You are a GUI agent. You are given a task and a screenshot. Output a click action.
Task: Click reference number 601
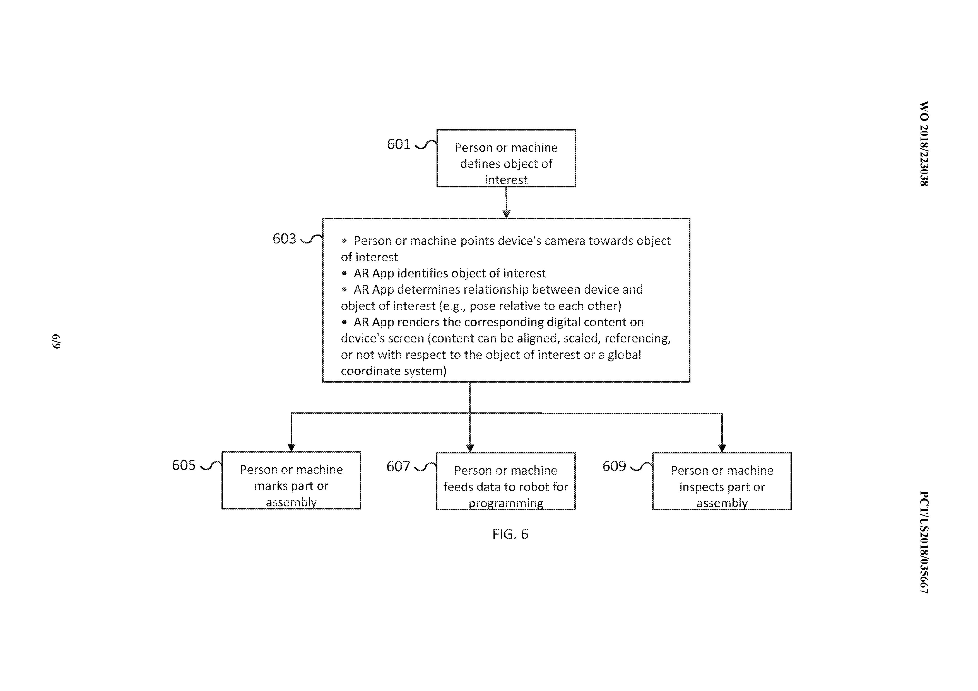click(x=398, y=144)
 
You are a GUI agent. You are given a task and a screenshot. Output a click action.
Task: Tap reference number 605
click(x=184, y=465)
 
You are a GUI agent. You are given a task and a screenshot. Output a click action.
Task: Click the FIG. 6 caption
click(x=510, y=534)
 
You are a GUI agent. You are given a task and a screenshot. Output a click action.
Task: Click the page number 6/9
click(x=57, y=341)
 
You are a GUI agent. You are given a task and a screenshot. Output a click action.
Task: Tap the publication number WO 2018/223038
click(x=924, y=144)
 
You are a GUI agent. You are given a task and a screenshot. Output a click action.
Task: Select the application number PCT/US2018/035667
click(x=924, y=542)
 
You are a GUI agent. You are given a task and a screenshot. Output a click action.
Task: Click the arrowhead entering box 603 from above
click(x=506, y=214)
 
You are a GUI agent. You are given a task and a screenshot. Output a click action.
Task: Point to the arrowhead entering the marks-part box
click(x=291, y=447)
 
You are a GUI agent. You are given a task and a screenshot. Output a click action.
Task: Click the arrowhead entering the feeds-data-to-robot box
click(x=470, y=448)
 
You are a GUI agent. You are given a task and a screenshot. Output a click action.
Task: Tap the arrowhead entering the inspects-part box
click(x=722, y=448)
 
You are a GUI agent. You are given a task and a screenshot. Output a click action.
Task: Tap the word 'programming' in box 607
click(x=506, y=503)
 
